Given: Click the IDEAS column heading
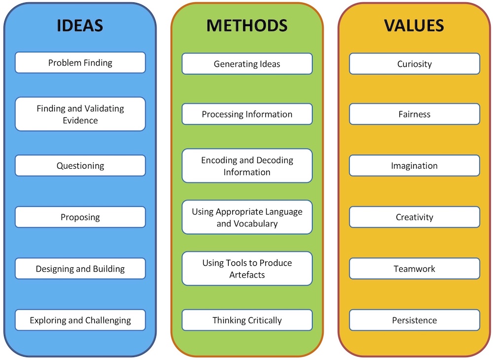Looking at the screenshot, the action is pyautogui.click(x=80, y=26).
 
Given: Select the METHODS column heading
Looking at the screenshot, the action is pyautogui.click(x=247, y=26).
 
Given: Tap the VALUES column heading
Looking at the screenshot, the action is pyautogui.click(x=414, y=26).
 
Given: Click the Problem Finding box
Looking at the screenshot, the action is pyautogui.click(x=80, y=63).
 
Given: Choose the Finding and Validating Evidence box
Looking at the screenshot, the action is pyautogui.click(x=80, y=114).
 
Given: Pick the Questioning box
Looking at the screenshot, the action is pyautogui.click(x=80, y=165).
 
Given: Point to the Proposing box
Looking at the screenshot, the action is pyautogui.click(x=80, y=217).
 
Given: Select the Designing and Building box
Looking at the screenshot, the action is pyautogui.click(x=80, y=268).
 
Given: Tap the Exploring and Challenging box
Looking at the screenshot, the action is pyautogui.click(x=80, y=320).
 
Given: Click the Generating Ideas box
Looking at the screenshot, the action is pyautogui.click(x=247, y=64).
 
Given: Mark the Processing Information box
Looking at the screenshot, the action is pyautogui.click(x=247, y=114).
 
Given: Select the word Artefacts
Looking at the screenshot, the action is pyautogui.click(x=247, y=275).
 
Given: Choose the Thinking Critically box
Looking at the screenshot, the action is pyautogui.click(x=247, y=320).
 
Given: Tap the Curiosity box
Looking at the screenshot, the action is pyautogui.click(x=415, y=64).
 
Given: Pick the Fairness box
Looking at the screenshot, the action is pyautogui.click(x=415, y=114).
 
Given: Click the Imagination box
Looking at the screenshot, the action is pyautogui.click(x=415, y=165).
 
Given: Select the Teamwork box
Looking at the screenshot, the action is pyautogui.click(x=415, y=268).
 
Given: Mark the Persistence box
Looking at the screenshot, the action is pyautogui.click(x=415, y=320).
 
